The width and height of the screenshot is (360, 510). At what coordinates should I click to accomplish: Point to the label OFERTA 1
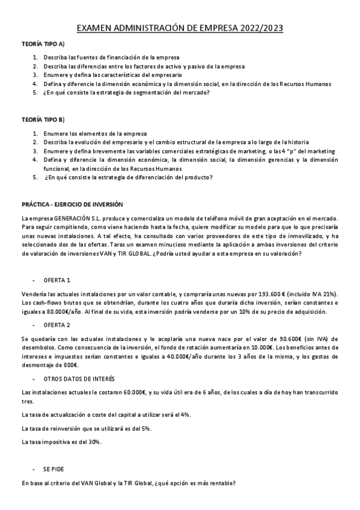(57, 263)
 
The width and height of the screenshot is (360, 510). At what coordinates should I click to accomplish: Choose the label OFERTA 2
(57, 325)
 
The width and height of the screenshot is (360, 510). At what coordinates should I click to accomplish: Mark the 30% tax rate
(94, 442)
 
